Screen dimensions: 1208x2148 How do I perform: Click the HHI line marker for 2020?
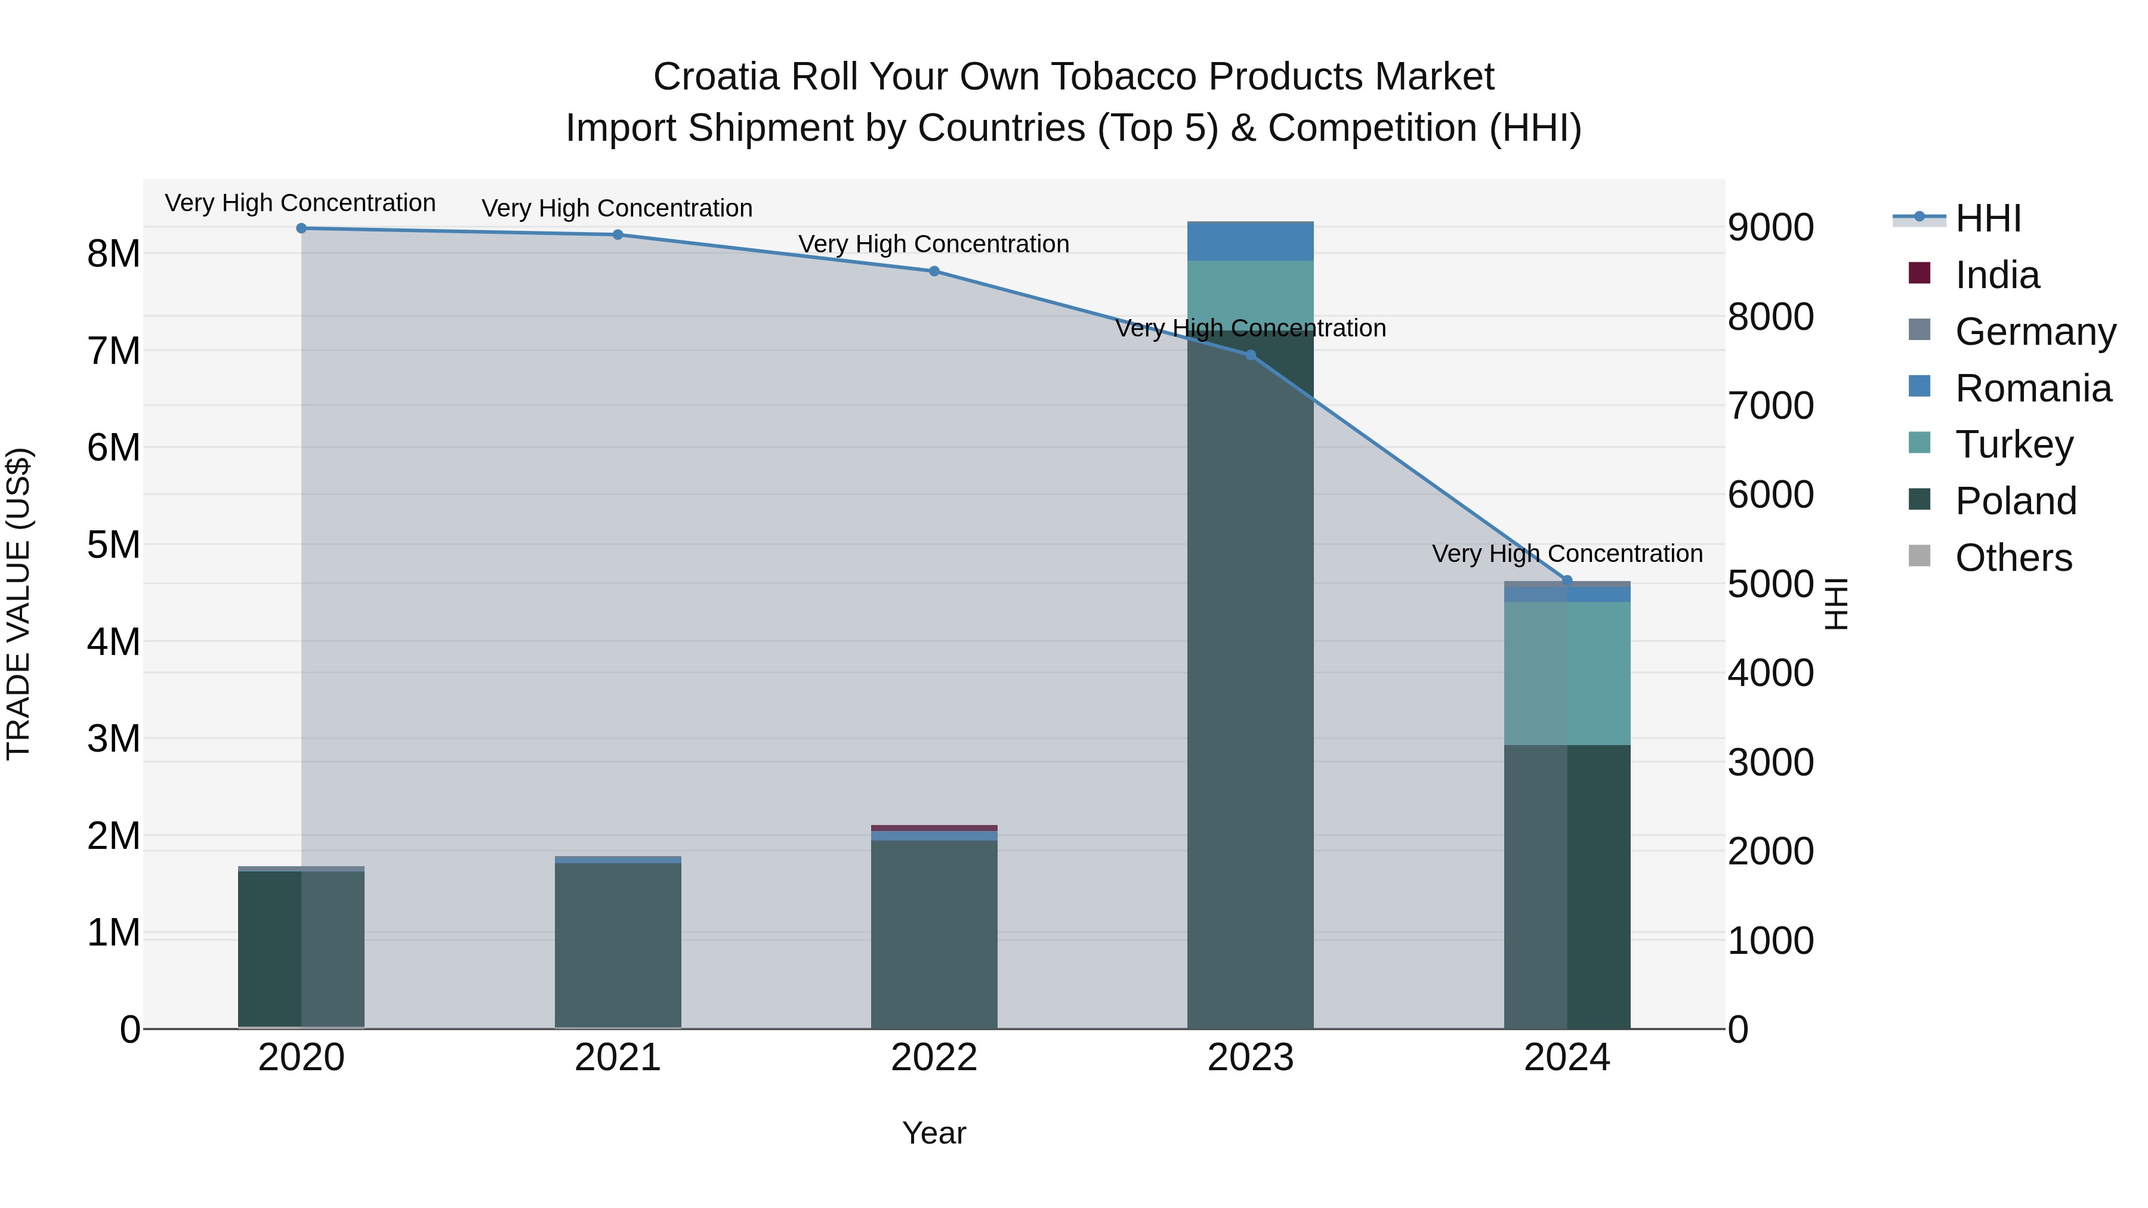(x=301, y=228)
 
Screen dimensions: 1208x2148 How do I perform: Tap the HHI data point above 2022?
(x=934, y=271)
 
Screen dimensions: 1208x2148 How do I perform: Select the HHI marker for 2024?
(x=1566, y=580)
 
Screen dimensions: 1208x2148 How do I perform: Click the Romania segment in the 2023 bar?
(x=1250, y=242)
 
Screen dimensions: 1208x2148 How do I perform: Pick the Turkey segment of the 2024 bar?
(x=1567, y=673)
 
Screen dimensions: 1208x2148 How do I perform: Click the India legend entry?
(x=1996, y=275)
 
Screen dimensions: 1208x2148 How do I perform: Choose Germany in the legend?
(x=2035, y=332)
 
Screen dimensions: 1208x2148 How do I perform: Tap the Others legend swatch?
(x=1919, y=556)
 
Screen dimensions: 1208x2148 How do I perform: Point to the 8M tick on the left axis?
(x=113, y=254)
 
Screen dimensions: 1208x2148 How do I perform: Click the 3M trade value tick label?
(x=113, y=739)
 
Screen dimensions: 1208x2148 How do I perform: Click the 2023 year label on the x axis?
(x=1250, y=1058)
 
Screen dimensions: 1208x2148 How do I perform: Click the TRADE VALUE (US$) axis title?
(x=18, y=604)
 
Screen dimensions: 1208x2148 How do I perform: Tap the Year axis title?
(x=934, y=1133)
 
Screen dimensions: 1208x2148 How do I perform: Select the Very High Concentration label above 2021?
(x=617, y=208)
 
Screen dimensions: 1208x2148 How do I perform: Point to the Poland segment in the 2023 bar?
(x=1250, y=709)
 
